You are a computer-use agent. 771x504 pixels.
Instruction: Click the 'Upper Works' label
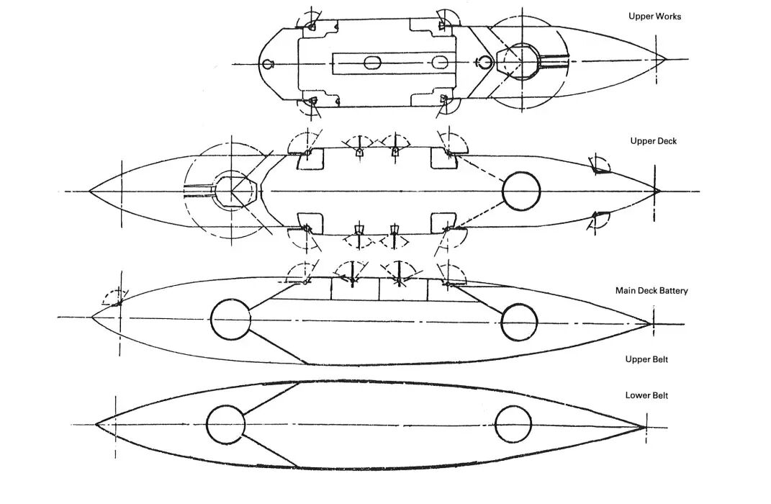pyautogui.click(x=655, y=17)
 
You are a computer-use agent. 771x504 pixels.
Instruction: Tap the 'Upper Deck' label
pyautogui.click(x=654, y=141)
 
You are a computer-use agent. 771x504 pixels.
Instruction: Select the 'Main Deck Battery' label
pyautogui.click(x=651, y=291)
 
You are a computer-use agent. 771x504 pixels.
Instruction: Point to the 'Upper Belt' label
pyautogui.click(x=647, y=359)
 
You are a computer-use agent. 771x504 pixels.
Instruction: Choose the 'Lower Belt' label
pyautogui.click(x=647, y=395)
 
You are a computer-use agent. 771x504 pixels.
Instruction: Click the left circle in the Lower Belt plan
pyautogui.click(x=226, y=423)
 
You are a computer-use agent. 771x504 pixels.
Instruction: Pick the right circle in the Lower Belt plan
pyautogui.click(x=514, y=423)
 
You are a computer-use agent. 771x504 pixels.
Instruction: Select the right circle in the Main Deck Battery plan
pyautogui.click(x=520, y=322)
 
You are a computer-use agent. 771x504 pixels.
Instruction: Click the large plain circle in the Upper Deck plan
pyautogui.click(x=521, y=191)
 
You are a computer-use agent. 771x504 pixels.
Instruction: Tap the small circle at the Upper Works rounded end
pyautogui.click(x=268, y=64)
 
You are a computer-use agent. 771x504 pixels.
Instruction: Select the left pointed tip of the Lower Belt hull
pyautogui.click(x=96, y=423)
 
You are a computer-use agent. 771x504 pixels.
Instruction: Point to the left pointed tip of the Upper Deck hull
pyautogui.click(x=90, y=191)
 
